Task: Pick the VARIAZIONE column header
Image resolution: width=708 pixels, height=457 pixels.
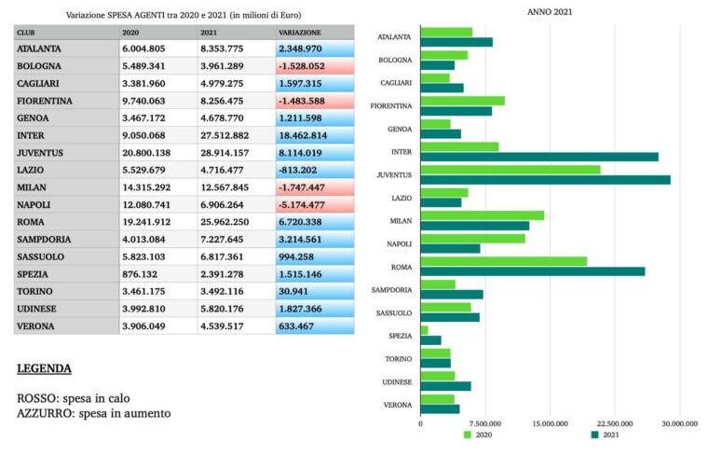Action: (x=300, y=33)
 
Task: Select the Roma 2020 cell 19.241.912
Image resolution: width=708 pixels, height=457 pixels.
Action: (x=146, y=223)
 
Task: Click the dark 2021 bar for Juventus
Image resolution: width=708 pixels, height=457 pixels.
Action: (x=545, y=179)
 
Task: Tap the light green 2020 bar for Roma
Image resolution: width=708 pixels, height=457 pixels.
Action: (x=503, y=261)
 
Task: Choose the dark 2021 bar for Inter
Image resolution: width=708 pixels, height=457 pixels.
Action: (x=539, y=157)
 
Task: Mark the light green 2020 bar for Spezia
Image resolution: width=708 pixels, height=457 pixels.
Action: (x=425, y=330)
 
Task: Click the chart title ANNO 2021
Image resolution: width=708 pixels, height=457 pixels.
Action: (x=550, y=12)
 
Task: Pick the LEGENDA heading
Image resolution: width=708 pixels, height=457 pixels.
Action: (x=44, y=369)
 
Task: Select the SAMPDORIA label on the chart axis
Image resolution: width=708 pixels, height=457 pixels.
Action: (x=392, y=289)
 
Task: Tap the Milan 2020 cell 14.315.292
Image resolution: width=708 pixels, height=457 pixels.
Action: (x=146, y=187)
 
